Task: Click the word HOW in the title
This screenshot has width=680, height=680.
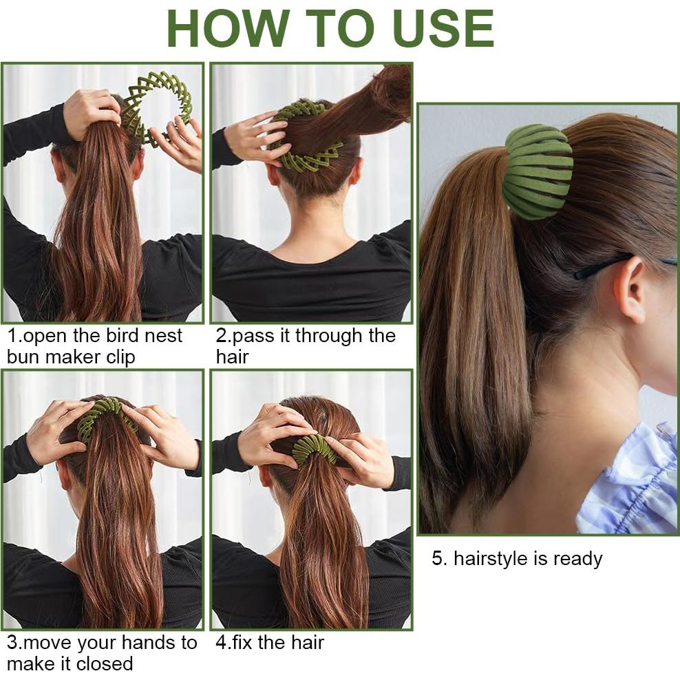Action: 228,29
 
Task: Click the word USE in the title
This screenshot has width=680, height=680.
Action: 443,29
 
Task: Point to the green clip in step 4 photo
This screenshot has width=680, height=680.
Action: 313,448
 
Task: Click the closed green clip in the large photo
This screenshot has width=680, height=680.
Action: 538,171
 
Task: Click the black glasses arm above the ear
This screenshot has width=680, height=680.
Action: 599,267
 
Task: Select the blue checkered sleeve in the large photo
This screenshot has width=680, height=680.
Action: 630,482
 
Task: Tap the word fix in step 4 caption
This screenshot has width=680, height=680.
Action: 243,643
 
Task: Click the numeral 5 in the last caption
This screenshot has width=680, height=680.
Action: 437,558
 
